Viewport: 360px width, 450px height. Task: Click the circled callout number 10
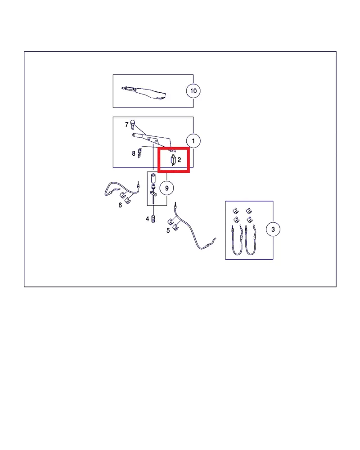(193, 91)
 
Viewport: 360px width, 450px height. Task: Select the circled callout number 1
(193, 141)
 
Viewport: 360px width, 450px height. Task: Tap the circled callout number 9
(166, 187)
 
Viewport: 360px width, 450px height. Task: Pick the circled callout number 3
(273, 229)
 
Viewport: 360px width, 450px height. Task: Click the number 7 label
(127, 124)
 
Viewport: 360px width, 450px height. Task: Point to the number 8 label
(134, 153)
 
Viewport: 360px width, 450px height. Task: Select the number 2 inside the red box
(179, 160)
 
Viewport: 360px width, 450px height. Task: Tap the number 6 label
(120, 205)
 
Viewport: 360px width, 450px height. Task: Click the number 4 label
(147, 219)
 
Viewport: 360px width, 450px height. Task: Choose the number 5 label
(168, 230)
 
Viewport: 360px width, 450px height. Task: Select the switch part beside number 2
(173, 160)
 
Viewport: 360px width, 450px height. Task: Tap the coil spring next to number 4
(153, 219)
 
